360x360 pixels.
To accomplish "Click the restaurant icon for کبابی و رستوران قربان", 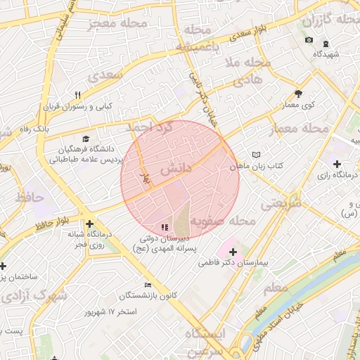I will click(x=78, y=95).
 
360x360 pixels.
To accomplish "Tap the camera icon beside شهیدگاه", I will click(x=309, y=39).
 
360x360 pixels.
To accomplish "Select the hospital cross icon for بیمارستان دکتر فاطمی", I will click(x=233, y=251).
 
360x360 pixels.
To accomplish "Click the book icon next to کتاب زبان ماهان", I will click(x=256, y=155).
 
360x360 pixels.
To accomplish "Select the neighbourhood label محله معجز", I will click(x=117, y=25).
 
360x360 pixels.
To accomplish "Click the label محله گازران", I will click(x=330, y=20).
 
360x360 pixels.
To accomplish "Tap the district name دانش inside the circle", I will click(x=175, y=169).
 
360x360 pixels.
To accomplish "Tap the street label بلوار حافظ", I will click(x=43, y=222).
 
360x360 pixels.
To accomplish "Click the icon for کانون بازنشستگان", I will click(x=147, y=285).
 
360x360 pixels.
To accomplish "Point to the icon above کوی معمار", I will click(x=298, y=93).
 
